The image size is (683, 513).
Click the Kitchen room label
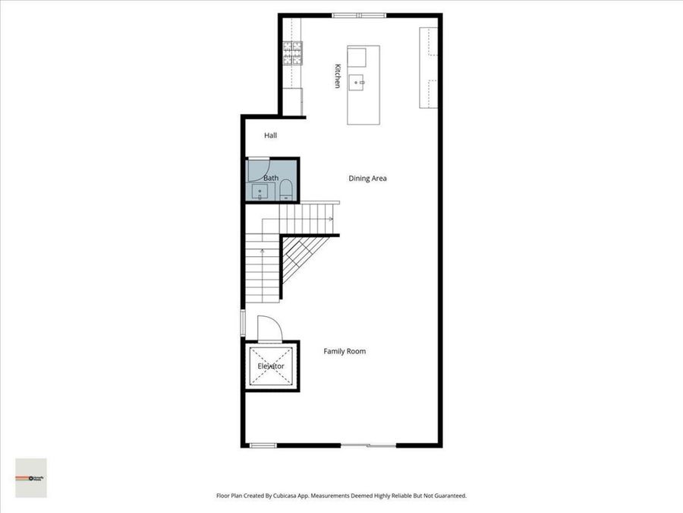tap(338, 75)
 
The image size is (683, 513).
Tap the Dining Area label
tap(368, 179)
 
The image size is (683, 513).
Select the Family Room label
tap(345, 351)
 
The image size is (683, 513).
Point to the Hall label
tap(271, 135)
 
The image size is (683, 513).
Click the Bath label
tap(271, 178)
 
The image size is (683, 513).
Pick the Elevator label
tap(271, 366)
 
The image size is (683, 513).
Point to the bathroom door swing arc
tap(258, 169)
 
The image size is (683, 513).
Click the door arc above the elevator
tap(270, 328)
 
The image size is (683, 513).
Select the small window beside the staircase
tap(243, 321)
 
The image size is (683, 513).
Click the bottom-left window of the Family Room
tap(263, 445)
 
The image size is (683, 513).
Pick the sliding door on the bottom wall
tap(367, 445)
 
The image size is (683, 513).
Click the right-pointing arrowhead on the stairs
tap(331, 219)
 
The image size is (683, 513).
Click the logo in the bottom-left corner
tap(31, 478)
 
